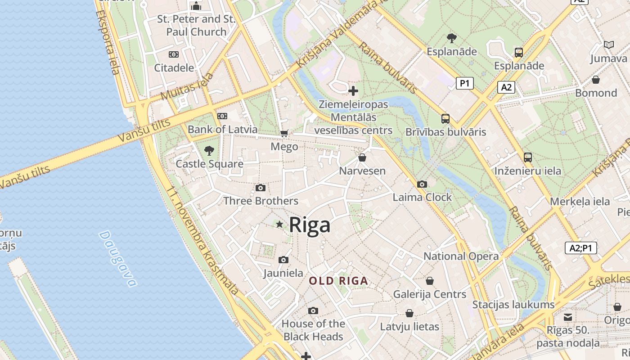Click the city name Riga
point(310,225)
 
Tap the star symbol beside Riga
point(279,224)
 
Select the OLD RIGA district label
point(338,281)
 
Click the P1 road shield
point(464,83)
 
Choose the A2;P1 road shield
point(580,248)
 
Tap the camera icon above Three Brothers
point(260,188)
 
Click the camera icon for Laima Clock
point(422,184)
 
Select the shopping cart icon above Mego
point(284,133)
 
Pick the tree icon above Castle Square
point(209,150)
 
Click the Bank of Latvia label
point(222,130)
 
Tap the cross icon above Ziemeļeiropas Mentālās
point(353,91)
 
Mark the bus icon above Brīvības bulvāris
point(445,119)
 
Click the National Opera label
point(461,256)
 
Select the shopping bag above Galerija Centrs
point(430,281)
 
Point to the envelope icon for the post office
point(568,317)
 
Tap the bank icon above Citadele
point(174,54)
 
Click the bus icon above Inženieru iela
point(527,157)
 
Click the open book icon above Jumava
point(608,45)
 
